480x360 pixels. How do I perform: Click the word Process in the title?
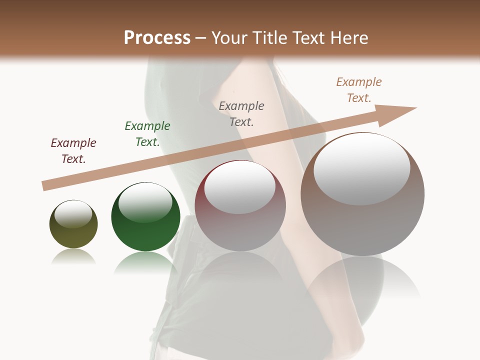click(x=157, y=38)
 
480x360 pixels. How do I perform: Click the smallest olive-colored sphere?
click(x=73, y=225)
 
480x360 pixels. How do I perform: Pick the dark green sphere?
click(x=145, y=217)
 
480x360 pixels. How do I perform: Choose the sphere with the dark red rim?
click(x=240, y=206)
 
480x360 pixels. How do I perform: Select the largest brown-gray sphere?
click(x=362, y=195)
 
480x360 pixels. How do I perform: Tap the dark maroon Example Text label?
click(x=73, y=151)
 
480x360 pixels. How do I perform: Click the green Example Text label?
click(x=147, y=134)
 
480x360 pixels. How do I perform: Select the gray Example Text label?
click(x=241, y=113)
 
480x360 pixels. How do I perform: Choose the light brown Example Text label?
click(x=359, y=90)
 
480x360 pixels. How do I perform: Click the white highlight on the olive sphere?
click(x=73, y=214)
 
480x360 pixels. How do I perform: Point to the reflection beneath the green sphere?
click(x=145, y=262)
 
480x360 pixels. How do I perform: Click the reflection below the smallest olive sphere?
click(x=73, y=257)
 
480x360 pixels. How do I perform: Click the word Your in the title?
click(x=229, y=38)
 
